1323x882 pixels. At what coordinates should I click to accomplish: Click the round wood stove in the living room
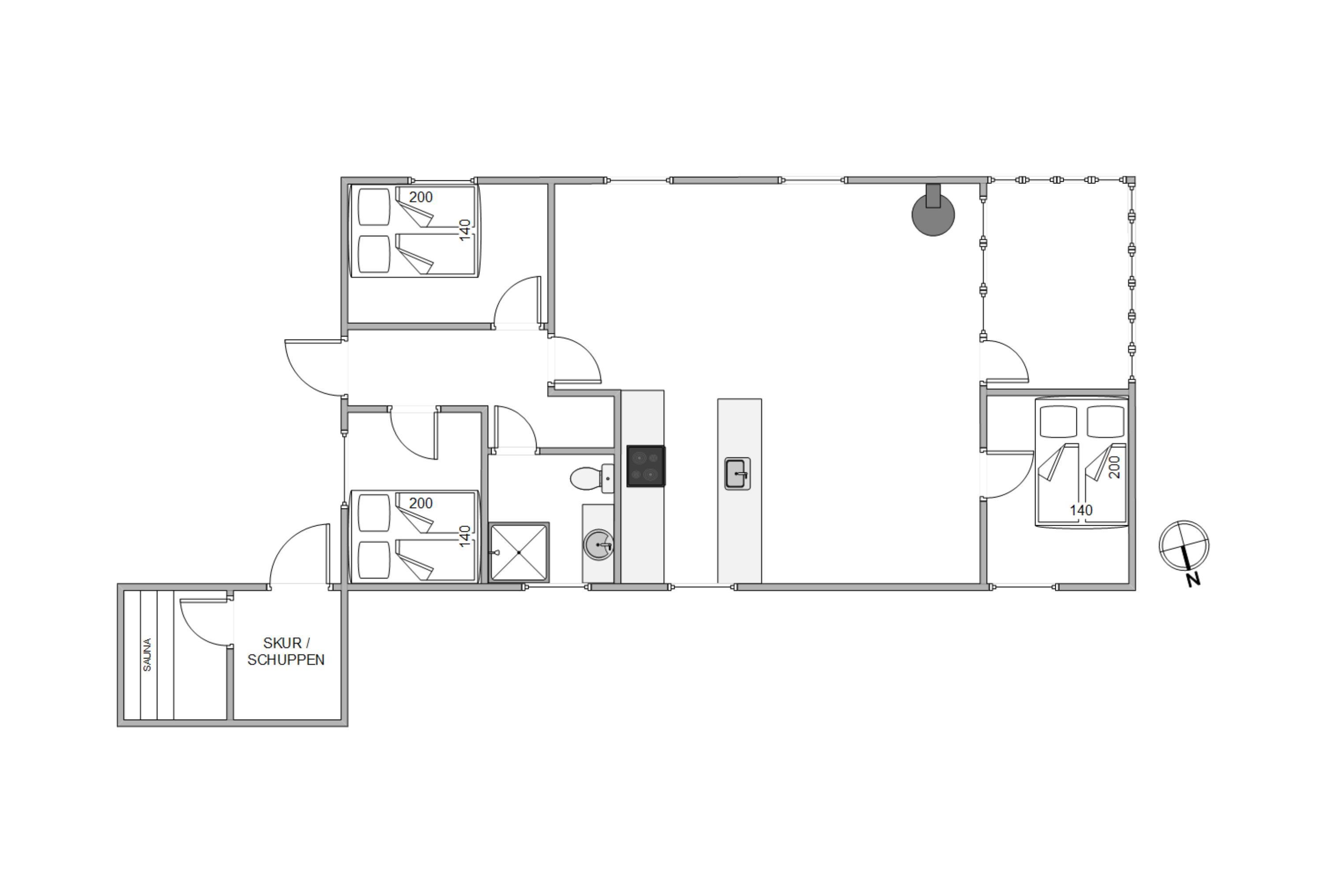(933, 214)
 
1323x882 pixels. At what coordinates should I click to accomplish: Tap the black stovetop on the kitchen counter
(646, 466)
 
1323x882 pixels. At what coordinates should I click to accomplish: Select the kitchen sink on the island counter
(737, 474)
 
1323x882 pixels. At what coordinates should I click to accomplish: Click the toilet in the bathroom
(592, 478)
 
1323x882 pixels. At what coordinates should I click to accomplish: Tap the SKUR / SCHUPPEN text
(286, 651)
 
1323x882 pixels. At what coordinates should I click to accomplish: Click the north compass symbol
(1184, 545)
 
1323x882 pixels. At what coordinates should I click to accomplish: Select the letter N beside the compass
(1194, 579)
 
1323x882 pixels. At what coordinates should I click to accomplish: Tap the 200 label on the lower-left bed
(421, 503)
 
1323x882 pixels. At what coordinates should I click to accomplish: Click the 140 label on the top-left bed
(465, 230)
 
